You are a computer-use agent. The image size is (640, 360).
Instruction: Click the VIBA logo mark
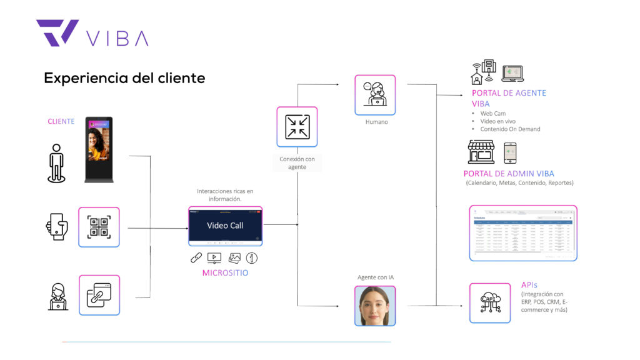click(57, 32)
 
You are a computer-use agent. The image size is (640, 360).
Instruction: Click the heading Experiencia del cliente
click(124, 78)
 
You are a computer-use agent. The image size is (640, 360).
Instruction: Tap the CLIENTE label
click(61, 121)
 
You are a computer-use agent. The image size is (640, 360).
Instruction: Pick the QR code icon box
click(99, 227)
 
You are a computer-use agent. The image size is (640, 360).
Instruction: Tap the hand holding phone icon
click(56, 226)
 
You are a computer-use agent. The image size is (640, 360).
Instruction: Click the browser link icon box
click(99, 295)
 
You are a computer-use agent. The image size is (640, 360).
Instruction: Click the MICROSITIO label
click(225, 272)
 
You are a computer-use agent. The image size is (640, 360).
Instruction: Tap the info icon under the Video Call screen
click(252, 257)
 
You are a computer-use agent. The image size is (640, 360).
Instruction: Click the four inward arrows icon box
click(297, 127)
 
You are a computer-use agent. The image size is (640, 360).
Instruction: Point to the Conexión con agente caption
click(297, 163)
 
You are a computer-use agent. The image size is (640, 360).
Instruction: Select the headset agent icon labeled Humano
click(375, 95)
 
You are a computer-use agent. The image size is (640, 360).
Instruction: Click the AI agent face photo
click(375, 306)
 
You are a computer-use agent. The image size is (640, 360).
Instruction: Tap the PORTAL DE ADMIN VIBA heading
click(509, 174)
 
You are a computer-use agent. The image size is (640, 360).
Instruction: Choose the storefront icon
click(481, 152)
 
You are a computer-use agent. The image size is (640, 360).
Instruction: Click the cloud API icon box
click(489, 302)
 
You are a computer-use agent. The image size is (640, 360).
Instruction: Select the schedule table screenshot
click(523, 233)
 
